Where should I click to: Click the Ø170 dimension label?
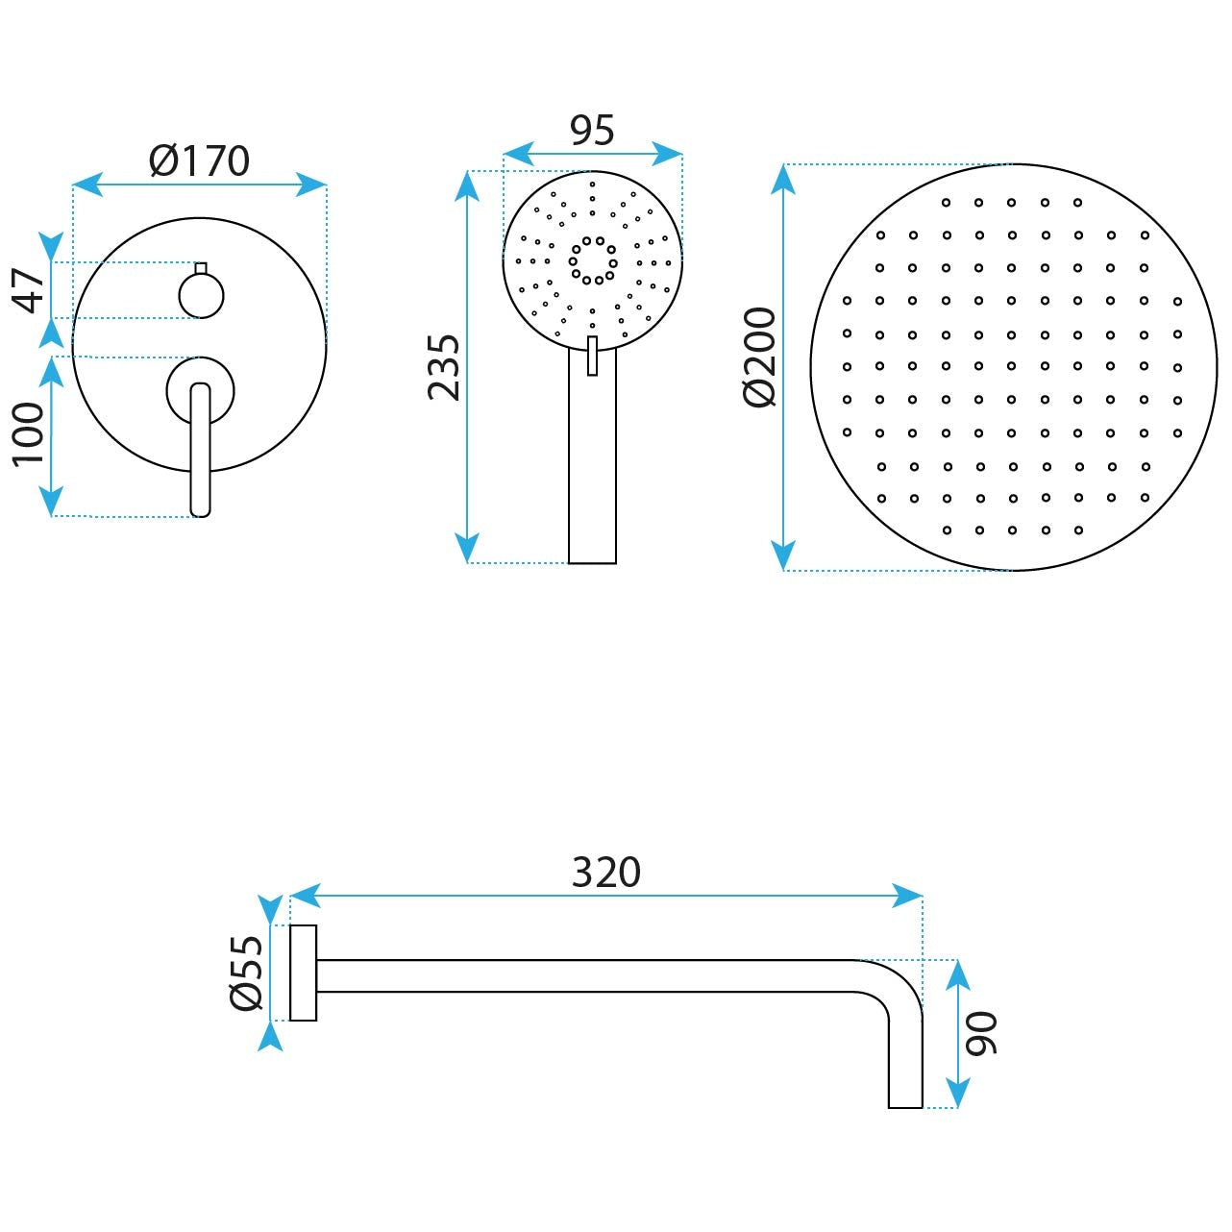[200, 161]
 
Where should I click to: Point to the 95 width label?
[593, 131]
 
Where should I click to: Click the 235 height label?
[444, 368]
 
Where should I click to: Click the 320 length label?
[606, 872]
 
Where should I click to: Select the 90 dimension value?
[981, 1034]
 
